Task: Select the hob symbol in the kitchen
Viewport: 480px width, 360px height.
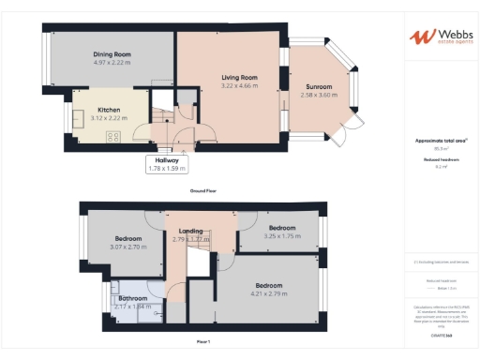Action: [x=112, y=137]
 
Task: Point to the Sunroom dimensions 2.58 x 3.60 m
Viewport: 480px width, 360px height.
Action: [x=318, y=95]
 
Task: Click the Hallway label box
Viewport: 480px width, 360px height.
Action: [x=168, y=164]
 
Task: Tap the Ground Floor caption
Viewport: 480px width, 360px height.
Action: [x=203, y=190]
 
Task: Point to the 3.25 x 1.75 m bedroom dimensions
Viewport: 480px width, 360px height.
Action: [x=281, y=237]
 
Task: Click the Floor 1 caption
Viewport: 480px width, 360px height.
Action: [x=203, y=342]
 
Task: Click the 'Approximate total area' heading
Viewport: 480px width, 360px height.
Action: [x=441, y=141]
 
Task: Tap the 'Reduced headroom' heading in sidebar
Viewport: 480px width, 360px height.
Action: [x=441, y=160]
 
